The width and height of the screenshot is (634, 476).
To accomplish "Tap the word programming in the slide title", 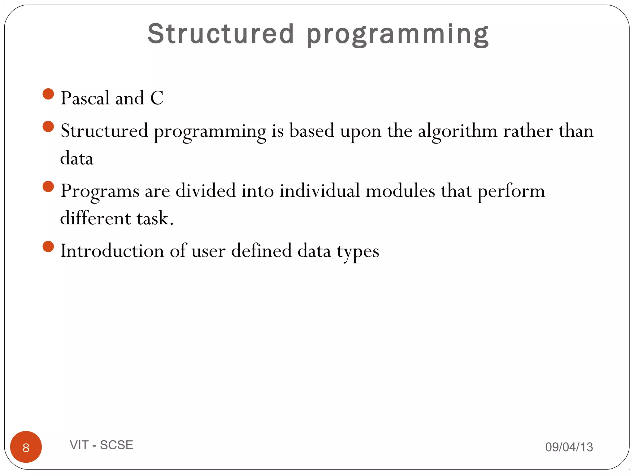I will pyautogui.click(x=397, y=35).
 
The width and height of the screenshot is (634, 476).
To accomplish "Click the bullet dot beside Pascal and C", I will pyautogui.click(x=48, y=94).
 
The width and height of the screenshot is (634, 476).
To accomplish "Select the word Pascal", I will pyautogui.click(x=85, y=98).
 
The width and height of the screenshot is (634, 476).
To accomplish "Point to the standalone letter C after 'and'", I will pyautogui.click(x=157, y=98).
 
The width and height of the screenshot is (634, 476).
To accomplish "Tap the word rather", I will pyautogui.click(x=528, y=131).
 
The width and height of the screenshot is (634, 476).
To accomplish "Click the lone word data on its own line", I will pyautogui.click(x=77, y=158).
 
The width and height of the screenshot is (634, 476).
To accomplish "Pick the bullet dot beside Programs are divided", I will pyautogui.click(x=48, y=187).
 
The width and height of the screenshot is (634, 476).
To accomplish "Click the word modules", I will pyautogui.click(x=400, y=191).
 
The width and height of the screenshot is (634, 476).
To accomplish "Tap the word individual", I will pyautogui.click(x=319, y=191).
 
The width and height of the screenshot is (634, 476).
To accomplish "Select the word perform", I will pyautogui.click(x=511, y=192).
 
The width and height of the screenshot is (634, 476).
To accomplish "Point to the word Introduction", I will pyautogui.click(x=112, y=250).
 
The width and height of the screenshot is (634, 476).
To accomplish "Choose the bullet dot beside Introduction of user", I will pyautogui.click(x=48, y=247).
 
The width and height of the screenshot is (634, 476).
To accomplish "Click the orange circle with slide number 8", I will pyautogui.click(x=26, y=447).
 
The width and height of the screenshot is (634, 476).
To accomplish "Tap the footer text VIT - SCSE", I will pyautogui.click(x=102, y=445).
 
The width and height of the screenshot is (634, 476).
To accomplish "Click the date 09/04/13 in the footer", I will pyautogui.click(x=569, y=447).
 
